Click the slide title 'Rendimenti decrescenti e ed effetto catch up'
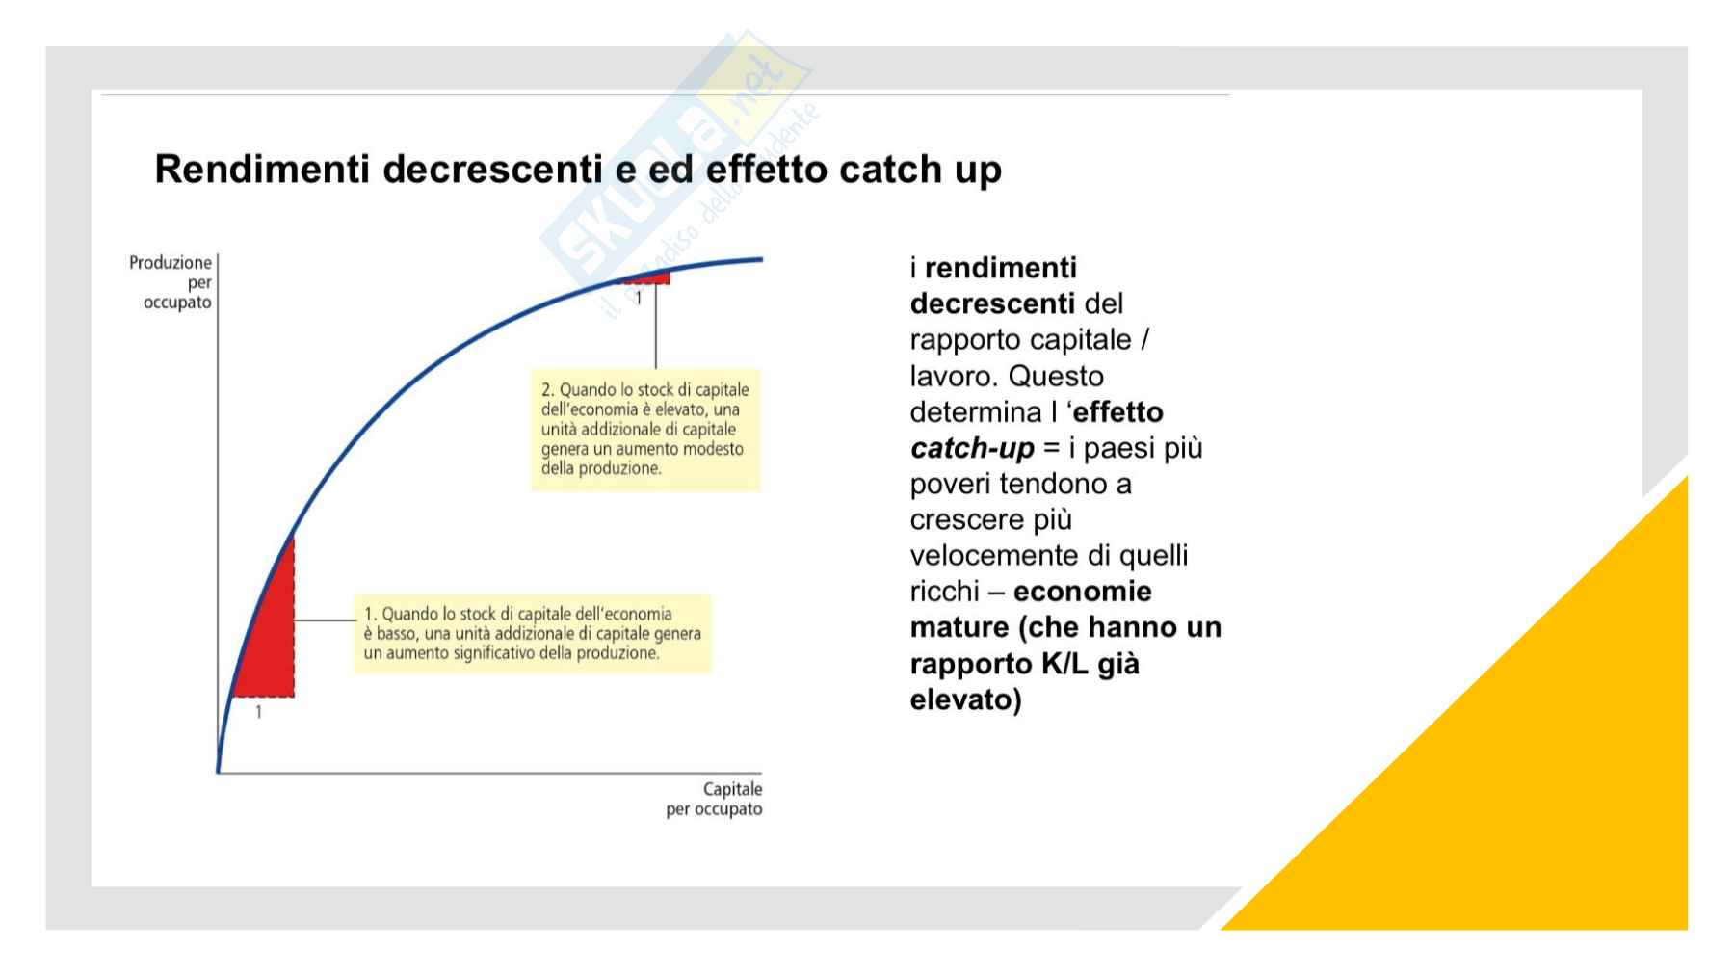(x=578, y=170)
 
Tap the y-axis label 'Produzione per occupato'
(x=171, y=282)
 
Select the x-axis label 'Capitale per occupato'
(x=714, y=799)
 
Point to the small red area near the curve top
(x=647, y=278)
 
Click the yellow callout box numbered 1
(x=532, y=633)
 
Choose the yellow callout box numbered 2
(x=644, y=429)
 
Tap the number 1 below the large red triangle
(x=258, y=713)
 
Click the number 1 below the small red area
(x=638, y=299)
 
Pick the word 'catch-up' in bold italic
(x=972, y=448)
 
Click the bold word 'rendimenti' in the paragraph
(x=1001, y=268)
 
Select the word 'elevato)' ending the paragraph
(x=966, y=699)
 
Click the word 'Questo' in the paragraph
(x=1057, y=376)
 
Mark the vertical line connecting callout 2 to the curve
(x=656, y=326)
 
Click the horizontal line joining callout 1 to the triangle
(x=325, y=620)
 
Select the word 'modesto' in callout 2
(x=714, y=449)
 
